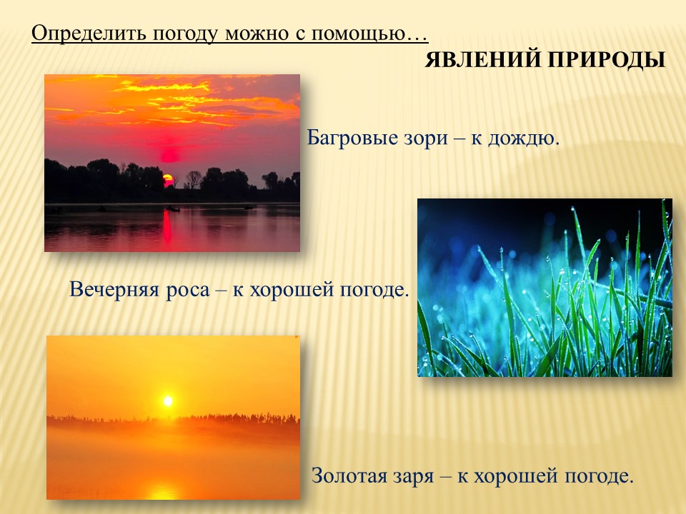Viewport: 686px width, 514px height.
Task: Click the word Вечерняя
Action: tap(114, 289)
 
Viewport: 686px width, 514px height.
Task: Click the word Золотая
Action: tap(348, 475)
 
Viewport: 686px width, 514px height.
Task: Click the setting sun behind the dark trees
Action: tap(168, 179)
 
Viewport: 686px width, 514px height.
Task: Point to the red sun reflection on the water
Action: tap(167, 226)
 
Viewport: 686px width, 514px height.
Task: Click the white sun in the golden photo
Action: tap(167, 400)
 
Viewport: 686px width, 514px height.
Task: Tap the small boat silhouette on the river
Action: tap(173, 209)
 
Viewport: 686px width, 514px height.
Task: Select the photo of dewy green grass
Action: tap(545, 288)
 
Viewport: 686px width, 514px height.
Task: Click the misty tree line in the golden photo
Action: tap(173, 420)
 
